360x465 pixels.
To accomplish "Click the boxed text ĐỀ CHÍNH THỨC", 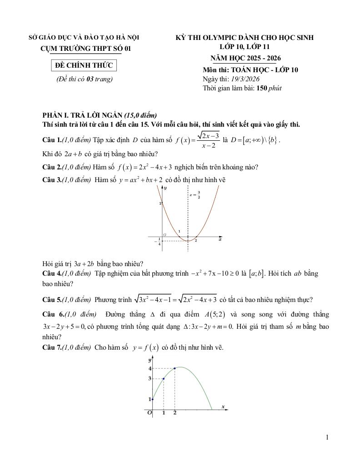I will point(84,66).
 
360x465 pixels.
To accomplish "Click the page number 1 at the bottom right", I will point(327,437).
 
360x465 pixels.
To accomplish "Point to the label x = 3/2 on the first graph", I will point(195,196).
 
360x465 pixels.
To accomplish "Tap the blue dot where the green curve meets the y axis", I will point(152,399).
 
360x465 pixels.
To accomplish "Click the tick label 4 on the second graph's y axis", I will point(150,369).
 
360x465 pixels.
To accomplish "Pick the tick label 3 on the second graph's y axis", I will point(150,378).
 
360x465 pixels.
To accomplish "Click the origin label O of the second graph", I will point(149,413).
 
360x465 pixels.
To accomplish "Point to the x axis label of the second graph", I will point(223,406).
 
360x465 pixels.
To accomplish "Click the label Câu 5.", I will point(51,300).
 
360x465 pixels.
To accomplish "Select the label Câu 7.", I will point(51,348).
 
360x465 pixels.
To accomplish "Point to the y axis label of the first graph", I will point(165,188).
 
